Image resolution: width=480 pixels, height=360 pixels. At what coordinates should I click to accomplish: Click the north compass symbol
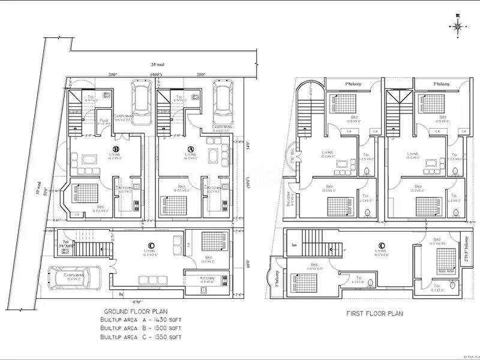[x=458, y=25]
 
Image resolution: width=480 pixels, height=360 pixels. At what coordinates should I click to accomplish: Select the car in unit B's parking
[x=142, y=99]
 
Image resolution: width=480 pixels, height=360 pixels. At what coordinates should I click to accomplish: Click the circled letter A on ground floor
[x=191, y=148]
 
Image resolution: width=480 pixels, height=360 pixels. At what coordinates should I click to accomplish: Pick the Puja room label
[x=103, y=120]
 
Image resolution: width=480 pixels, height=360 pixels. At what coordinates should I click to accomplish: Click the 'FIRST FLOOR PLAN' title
[x=374, y=313]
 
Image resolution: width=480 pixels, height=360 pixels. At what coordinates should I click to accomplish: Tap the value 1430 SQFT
[x=167, y=320]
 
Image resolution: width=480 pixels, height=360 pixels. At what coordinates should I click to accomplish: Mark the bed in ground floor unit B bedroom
[x=85, y=194]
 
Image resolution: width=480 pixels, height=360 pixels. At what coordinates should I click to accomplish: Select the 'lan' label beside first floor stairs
[x=294, y=244]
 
